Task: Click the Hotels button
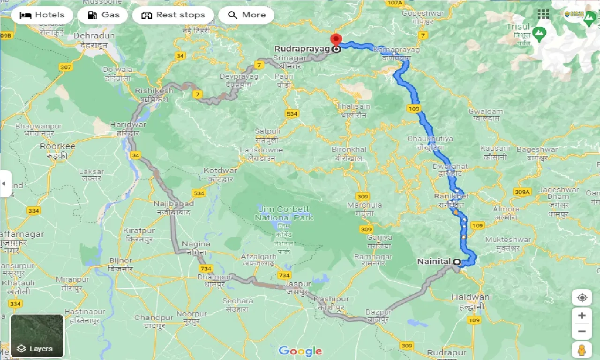[x=42, y=15]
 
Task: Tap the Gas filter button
[x=103, y=15]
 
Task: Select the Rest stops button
[x=173, y=15]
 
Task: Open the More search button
[x=246, y=15]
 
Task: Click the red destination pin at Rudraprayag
[x=336, y=40]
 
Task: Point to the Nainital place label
[x=434, y=262]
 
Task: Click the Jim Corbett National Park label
[x=284, y=213]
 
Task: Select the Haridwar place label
[x=128, y=125]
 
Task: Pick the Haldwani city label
[x=472, y=297]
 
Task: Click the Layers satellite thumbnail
[x=37, y=335]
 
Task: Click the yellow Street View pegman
[x=582, y=349]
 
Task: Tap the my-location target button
[x=582, y=298]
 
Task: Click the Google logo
[x=300, y=351]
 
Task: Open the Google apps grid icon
[x=543, y=14]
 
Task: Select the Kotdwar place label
[x=220, y=171]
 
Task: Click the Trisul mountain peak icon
[x=540, y=34]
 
